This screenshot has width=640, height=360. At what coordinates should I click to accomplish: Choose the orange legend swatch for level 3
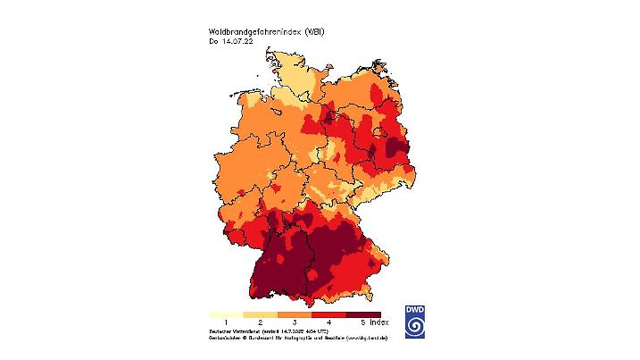(x=295, y=314)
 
